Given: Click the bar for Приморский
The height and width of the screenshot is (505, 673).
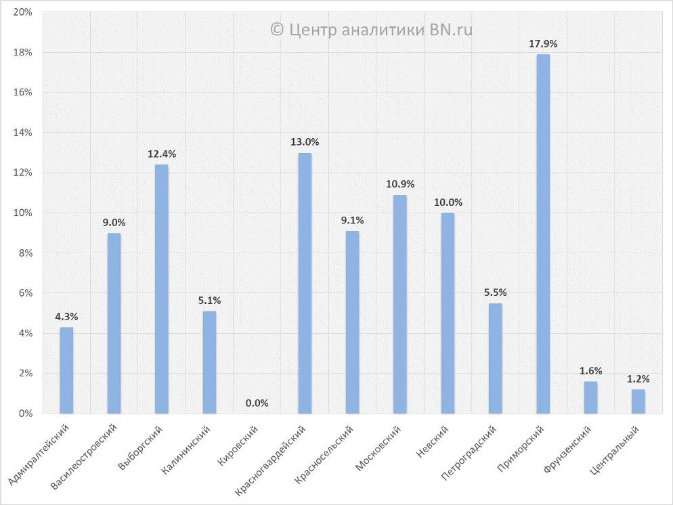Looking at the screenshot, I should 543,234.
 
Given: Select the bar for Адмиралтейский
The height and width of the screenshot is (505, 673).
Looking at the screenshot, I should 66,370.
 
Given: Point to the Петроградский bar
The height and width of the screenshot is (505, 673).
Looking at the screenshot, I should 496,358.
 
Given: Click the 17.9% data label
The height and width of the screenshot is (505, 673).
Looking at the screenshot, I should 543,44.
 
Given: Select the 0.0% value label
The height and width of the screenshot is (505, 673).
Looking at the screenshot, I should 257,403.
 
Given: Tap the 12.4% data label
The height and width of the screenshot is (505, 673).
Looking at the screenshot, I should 162,154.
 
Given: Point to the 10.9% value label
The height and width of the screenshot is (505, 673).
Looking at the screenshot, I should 400,184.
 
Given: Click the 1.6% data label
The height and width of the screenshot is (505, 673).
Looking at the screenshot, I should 590,371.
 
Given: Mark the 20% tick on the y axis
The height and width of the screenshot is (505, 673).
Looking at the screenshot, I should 23,12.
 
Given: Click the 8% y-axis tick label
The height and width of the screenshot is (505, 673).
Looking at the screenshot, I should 25,253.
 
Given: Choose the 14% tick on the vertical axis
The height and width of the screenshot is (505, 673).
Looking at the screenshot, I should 23,133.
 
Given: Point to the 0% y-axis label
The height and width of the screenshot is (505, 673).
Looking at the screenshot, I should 25,414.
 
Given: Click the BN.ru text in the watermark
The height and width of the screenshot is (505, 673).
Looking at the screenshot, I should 451,29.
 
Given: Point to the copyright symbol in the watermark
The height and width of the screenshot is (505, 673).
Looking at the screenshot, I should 276,29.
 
